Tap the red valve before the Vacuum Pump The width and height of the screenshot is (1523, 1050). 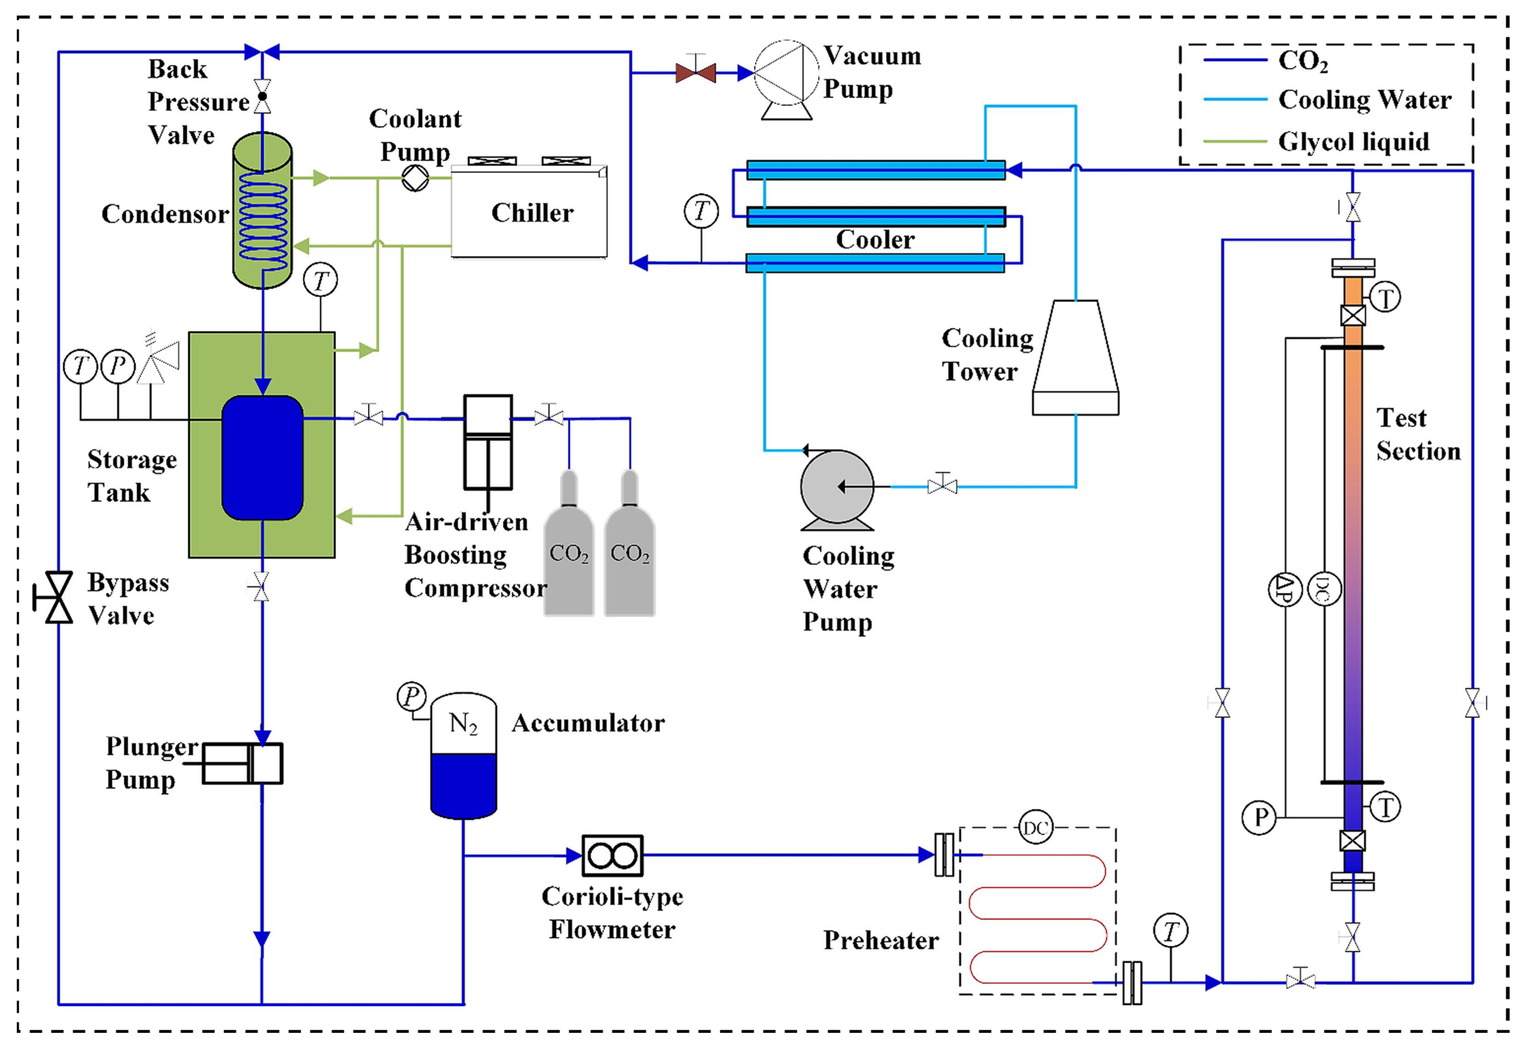[x=696, y=72]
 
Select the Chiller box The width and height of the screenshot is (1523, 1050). [x=530, y=212]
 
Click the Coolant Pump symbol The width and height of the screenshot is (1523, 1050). [x=415, y=178]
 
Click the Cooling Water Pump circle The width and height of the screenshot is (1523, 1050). [x=837, y=487]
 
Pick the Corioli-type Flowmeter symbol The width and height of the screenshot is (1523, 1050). [x=613, y=855]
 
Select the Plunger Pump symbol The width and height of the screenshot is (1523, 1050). [x=242, y=763]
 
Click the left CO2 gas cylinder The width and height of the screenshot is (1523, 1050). [x=569, y=546]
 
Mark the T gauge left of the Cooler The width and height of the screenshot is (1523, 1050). [x=701, y=212]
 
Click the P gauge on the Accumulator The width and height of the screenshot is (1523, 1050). [x=412, y=696]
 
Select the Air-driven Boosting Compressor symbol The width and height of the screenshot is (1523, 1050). [x=487, y=442]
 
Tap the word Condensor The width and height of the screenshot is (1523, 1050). [x=164, y=214]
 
